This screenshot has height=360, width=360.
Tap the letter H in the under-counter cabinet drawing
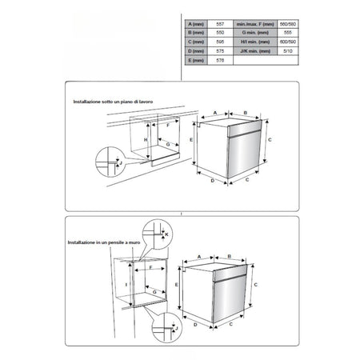pos(146,139)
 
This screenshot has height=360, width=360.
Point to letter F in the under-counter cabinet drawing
pos(168,126)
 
